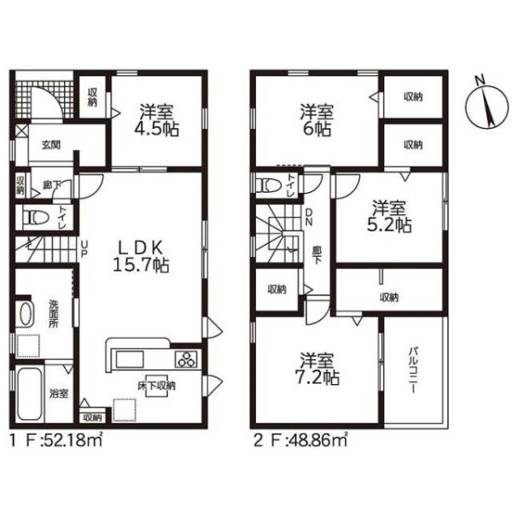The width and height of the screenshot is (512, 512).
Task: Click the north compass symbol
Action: point(486,104)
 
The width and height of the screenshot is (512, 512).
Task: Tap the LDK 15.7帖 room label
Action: point(141,257)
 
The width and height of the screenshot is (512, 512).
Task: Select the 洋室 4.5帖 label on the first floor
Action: point(157,119)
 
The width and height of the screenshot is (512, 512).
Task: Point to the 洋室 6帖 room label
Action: point(317,119)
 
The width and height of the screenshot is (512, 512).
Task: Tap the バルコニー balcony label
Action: point(412,370)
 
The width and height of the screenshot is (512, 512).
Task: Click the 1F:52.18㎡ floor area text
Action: point(56,441)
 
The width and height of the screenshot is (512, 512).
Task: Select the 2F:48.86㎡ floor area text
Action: point(300,441)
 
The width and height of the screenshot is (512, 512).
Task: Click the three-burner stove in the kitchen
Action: point(187,359)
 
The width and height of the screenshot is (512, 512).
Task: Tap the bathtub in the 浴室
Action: point(30,394)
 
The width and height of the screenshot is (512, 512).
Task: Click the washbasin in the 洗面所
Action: point(26,314)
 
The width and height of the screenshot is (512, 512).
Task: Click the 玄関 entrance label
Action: point(51,144)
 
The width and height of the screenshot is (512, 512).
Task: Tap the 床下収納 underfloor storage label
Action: point(156,386)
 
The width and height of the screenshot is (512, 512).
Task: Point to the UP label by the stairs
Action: point(84,249)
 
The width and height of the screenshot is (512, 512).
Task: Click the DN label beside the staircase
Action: point(309,217)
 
